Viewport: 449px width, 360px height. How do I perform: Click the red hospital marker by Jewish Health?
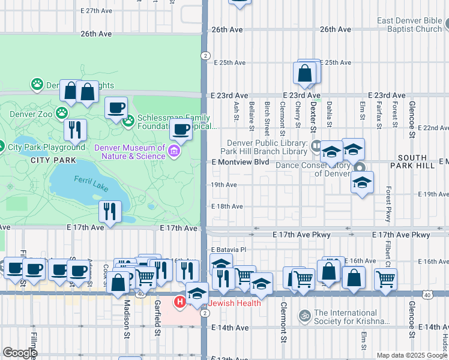click(179, 302)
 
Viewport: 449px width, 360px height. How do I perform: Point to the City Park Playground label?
click(46, 147)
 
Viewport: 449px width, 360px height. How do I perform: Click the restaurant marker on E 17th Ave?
click(110, 212)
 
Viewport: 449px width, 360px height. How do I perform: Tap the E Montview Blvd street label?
click(240, 162)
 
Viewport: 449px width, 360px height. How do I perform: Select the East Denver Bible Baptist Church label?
click(410, 25)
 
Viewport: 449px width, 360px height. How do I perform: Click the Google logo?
click(20, 352)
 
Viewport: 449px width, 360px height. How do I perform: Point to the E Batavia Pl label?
click(229, 249)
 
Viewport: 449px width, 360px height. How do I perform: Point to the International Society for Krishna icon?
click(304, 314)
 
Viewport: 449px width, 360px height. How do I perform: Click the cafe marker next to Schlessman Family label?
click(116, 109)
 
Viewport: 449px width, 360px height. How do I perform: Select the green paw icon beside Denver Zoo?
click(62, 112)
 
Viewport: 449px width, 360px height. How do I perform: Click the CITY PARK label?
click(54, 160)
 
